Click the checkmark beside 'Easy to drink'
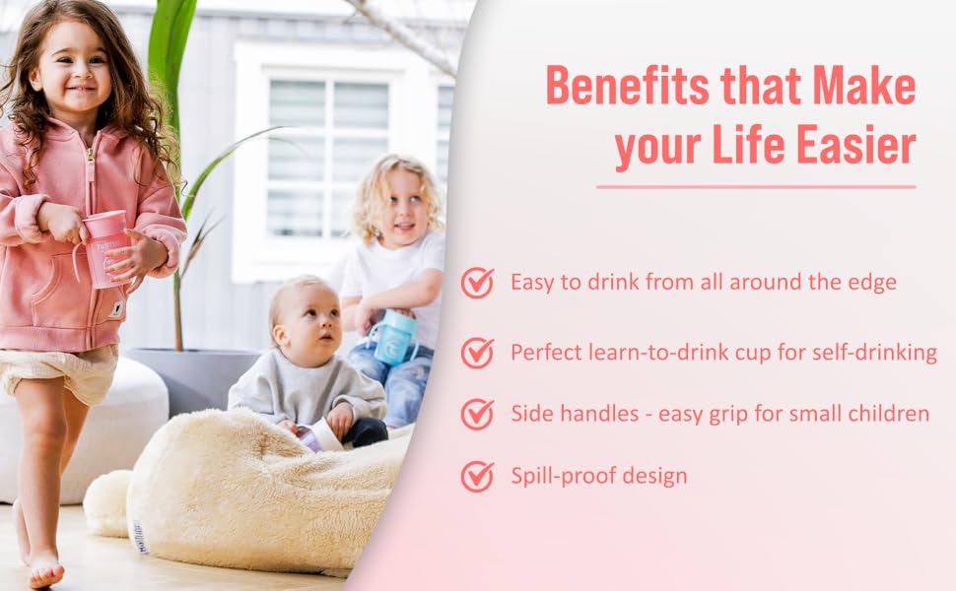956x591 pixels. tap(478, 283)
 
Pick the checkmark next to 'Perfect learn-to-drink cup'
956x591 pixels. tap(478, 352)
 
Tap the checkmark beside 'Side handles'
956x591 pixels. tap(478, 414)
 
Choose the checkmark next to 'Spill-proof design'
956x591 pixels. tap(478, 477)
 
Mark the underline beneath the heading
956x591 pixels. tap(756, 187)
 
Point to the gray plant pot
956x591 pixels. tap(197, 378)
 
